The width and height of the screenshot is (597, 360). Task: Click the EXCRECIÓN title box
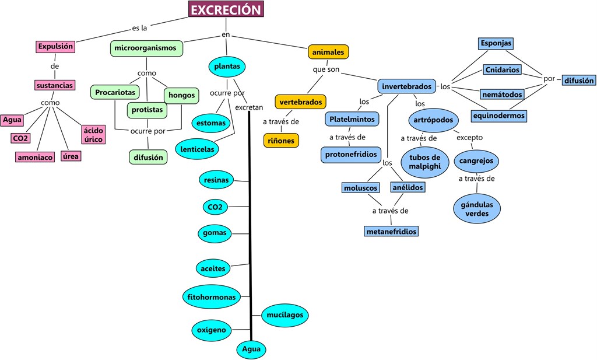226,10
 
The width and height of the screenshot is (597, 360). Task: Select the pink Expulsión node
55,47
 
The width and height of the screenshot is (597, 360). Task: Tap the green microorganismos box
146,48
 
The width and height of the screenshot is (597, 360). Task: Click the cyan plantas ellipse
227,67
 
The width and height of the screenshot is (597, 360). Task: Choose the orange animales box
328,52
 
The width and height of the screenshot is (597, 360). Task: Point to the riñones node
281,140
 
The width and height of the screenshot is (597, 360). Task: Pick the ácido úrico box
93,135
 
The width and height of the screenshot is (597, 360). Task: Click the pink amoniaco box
35,157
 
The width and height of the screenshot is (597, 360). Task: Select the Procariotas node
115,92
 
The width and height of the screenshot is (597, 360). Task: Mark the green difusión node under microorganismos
148,157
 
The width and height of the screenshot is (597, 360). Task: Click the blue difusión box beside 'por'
579,81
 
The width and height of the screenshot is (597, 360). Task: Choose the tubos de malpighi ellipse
424,162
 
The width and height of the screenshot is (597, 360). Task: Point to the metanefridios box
391,232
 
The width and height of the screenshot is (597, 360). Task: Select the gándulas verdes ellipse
477,209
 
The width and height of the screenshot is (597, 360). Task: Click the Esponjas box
496,44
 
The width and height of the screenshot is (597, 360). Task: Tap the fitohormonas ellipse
211,297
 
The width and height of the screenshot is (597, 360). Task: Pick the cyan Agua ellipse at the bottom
251,349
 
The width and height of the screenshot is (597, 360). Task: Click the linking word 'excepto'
469,138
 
